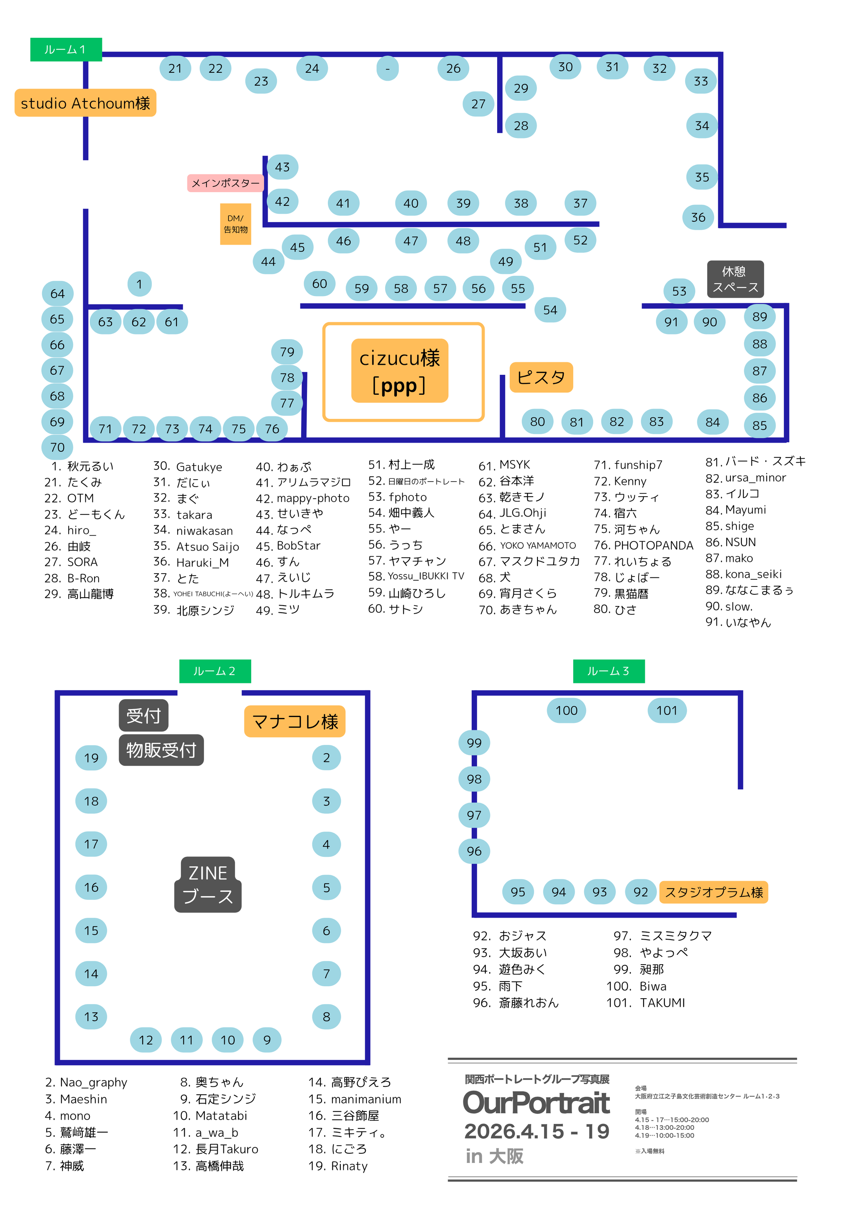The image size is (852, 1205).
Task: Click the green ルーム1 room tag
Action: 66,49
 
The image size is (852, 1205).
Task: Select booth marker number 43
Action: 282,167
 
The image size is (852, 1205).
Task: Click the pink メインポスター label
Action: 225,183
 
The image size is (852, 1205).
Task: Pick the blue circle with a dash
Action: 387,68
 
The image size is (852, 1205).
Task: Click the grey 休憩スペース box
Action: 735,279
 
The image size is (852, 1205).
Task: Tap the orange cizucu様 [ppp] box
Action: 399,371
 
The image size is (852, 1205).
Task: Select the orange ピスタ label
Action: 541,377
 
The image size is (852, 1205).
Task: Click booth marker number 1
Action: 139,284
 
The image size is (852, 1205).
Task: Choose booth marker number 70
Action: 57,447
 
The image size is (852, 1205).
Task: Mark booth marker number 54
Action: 550,309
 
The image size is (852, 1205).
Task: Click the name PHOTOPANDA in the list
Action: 654,545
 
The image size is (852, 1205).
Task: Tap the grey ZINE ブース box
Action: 208,884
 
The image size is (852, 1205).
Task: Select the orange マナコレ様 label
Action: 295,721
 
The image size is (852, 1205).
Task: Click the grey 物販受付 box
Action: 161,750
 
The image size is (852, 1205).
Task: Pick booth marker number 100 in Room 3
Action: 567,710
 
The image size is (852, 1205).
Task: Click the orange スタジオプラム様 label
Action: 713,892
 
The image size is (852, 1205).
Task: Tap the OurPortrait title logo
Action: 536,1102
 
